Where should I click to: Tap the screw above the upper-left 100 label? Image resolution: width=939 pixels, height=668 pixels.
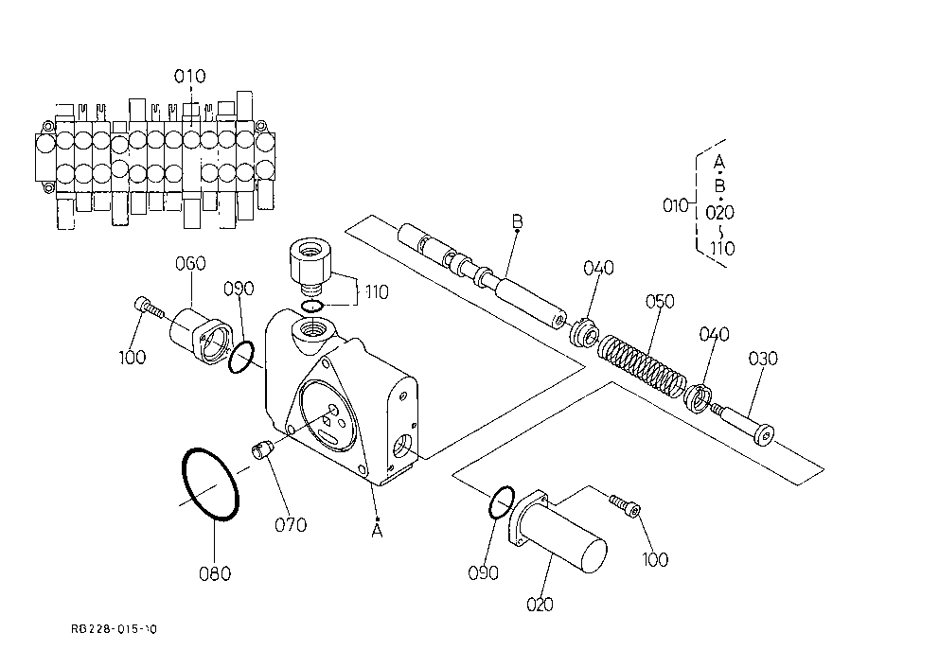pos(150,307)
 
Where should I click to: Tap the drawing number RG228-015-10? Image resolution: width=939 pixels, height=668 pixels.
pos(114,629)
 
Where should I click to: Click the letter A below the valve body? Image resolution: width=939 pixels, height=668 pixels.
pos(377,531)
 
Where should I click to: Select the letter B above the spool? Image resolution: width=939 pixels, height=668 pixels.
pos(518,221)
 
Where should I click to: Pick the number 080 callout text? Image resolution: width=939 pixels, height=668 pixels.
pos(215,573)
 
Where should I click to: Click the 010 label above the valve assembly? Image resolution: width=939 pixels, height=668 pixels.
pos(190,76)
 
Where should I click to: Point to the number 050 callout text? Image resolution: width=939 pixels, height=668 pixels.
pos(660,301)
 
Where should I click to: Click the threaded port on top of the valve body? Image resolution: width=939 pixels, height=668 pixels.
pos(310,328)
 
